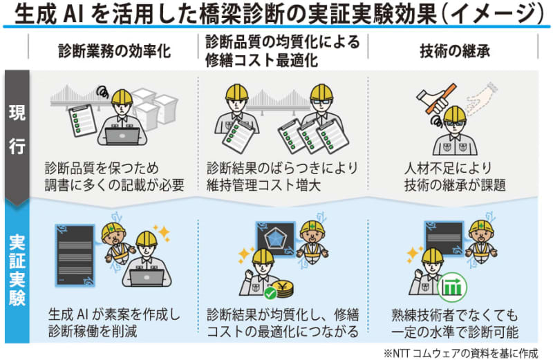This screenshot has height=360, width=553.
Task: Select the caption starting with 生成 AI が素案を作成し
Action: (x=113, y=322)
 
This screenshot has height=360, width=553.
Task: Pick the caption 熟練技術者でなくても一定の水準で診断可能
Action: (x=454, y=322)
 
